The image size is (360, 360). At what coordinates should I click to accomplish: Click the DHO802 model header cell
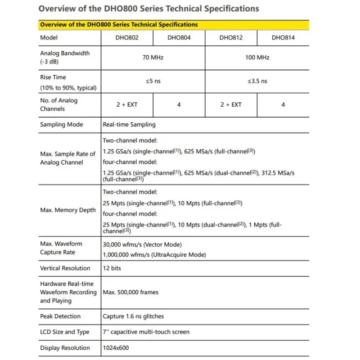point(127,38)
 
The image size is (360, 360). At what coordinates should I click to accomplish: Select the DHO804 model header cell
point(179,38)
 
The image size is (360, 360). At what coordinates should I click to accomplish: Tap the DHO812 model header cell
point(231,38)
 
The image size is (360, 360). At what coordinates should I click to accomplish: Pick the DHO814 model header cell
point(283,38)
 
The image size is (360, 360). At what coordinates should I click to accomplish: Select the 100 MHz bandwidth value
point(257,58)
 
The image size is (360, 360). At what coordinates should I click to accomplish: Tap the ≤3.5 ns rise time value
point(257,81)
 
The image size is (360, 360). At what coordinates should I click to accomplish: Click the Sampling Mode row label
point(62,125)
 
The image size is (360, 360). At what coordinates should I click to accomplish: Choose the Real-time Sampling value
point(129,125)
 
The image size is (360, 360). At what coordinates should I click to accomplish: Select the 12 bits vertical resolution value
point(112,268)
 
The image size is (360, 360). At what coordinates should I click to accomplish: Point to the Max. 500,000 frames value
point(130,292)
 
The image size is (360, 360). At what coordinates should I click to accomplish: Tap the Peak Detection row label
point(60,316)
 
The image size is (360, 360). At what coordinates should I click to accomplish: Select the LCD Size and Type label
point(65,332)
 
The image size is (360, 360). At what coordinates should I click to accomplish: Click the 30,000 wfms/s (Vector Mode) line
point(142,244)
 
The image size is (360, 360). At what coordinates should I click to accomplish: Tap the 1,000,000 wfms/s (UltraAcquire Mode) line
point(154,255)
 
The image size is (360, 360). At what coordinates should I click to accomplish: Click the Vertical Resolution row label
point(65,268)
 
